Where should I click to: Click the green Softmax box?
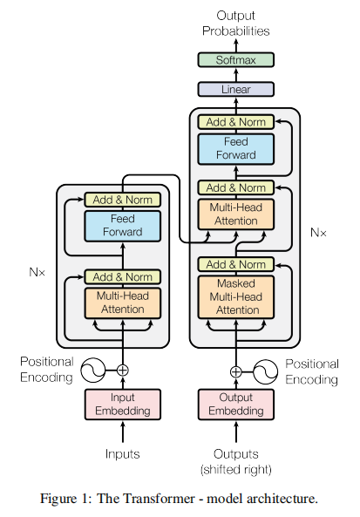click(x=235, y=59)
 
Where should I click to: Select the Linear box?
click(x=235, y=89)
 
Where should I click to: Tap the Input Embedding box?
click(x=123, y=405)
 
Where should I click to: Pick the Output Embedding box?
click(x=235, y=405)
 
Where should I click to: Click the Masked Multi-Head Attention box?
click(x=235, y=297)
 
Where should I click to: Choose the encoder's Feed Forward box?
click(x=123, y=226)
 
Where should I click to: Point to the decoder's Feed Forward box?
click(x=235, y=149)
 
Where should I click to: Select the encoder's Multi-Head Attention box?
click(x=123, y=303)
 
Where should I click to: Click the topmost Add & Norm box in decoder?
click(x=235, y=122)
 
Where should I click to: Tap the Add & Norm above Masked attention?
click(x=235, y=264)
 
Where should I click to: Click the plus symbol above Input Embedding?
click(x=123, y=371)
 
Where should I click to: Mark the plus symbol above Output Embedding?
click(x=235, y=372)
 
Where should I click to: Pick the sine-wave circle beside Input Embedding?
click(x=93, y=371)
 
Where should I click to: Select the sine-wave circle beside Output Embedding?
click(x=265, y=372)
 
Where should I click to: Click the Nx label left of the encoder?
click(x=37, y=272)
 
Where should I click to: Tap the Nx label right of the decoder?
click(x=318, y=233)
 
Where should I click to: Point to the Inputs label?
click(x=123, y=454)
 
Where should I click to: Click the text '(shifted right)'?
click(x=235, y=469)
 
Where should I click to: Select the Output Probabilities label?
click(x=235, y=23)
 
